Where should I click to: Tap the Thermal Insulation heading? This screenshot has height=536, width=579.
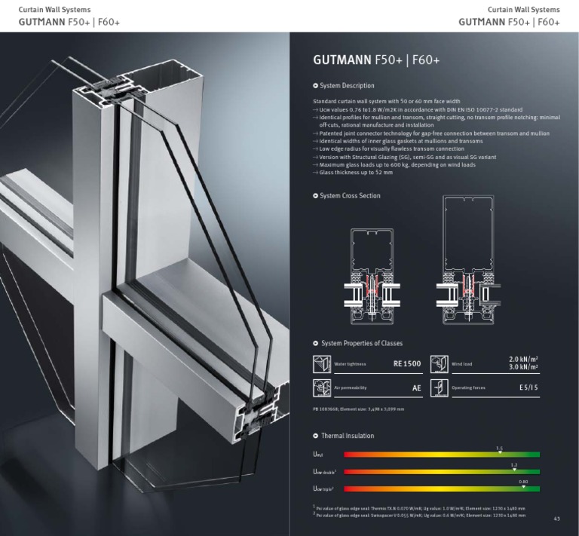(347, 436)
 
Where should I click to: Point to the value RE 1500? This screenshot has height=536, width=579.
(406, 365)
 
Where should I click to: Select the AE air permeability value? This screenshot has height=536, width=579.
(416, 388)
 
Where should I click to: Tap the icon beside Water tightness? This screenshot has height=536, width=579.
(322, 365)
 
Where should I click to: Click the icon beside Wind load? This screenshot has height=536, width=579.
(439, 365)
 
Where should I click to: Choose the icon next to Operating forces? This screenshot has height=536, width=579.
(439, 388)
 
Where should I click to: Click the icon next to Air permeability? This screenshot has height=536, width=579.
(322, 388)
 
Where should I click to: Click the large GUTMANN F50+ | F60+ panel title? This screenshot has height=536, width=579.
(376, 60)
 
